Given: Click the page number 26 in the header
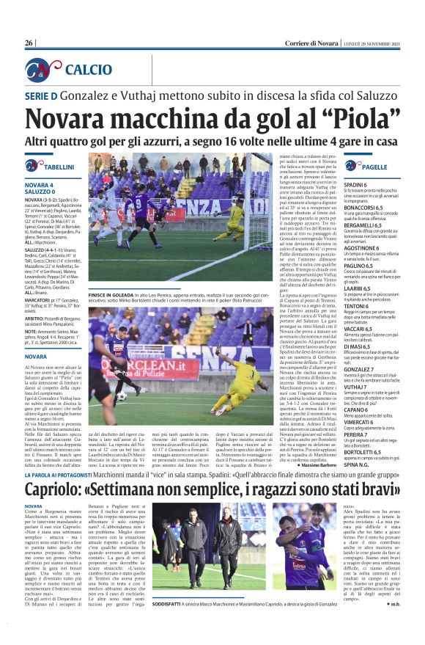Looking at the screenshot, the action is [29, 43].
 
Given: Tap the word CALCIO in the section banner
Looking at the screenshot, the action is [88, 70].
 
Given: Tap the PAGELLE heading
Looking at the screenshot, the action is [374, 168].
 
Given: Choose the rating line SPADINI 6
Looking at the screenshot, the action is [356, 185].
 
